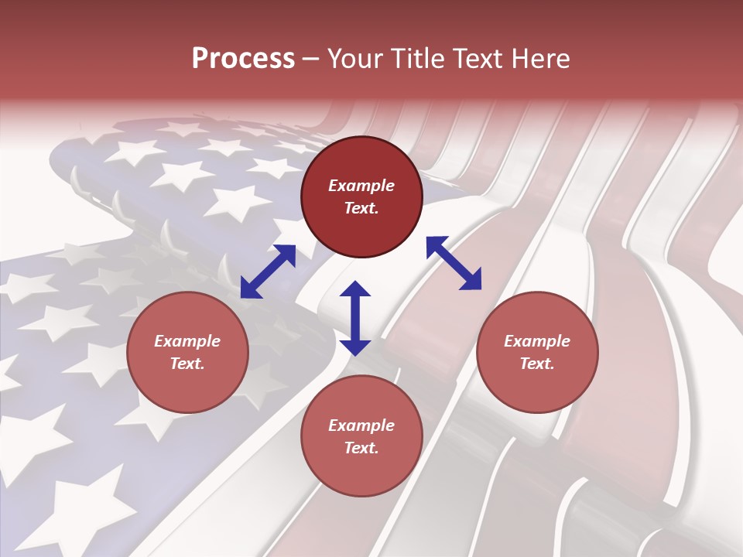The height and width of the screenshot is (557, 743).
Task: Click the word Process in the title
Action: [243, 59]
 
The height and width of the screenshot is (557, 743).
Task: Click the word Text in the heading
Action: [478, 59]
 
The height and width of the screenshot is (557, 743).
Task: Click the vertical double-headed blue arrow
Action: [355, 318]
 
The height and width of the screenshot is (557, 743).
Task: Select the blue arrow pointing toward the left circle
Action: [268, 272]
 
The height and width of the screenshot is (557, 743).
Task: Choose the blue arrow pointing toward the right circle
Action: [454, 264]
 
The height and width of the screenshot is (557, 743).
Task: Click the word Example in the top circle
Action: [361, 186]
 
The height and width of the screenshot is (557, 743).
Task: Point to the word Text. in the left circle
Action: [187, 364]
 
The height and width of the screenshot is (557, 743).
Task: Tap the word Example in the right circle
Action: [537, 341]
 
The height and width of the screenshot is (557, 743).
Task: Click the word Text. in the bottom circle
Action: [361, 448]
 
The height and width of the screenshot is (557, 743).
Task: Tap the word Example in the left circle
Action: [187, 341]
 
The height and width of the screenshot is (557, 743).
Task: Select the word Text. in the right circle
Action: [537, 364]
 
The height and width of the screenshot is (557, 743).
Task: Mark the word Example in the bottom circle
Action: [361, 425]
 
